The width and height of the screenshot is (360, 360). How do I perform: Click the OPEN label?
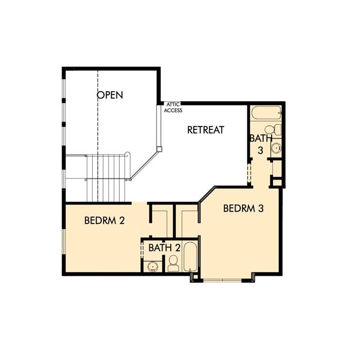[110, 95]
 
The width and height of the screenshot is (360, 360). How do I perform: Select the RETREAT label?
[206, 130]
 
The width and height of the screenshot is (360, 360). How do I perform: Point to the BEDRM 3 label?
[243, 208]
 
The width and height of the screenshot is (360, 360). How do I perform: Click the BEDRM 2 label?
[104, 220]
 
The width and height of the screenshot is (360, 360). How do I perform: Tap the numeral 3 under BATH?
[261, 150]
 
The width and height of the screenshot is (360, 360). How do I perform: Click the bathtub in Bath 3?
[266, 113]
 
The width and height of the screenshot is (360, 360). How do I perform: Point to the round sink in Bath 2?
[152, 267]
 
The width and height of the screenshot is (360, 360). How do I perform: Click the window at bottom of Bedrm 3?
[223, 280]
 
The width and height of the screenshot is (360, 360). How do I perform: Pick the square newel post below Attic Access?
[159, 149]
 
